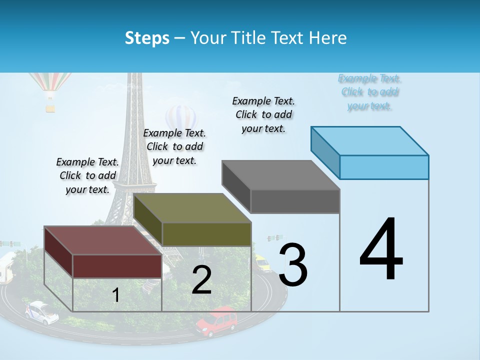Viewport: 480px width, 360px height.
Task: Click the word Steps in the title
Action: pos(147,38)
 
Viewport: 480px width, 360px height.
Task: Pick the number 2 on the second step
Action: pos(201,280)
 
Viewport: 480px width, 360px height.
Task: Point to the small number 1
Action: pos(116,295)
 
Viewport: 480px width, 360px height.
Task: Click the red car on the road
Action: pos(217,321)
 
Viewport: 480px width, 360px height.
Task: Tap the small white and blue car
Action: pos(42,312)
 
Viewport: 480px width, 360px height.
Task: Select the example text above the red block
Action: pos(88,176)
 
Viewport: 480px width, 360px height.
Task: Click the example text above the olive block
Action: pos(174,146)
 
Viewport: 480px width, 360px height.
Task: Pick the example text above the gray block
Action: pos(263,114)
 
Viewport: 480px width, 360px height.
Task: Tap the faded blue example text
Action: pos(369,92)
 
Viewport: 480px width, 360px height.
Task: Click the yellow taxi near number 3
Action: pos(262,262)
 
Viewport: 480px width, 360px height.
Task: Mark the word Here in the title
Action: pos(327,38)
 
